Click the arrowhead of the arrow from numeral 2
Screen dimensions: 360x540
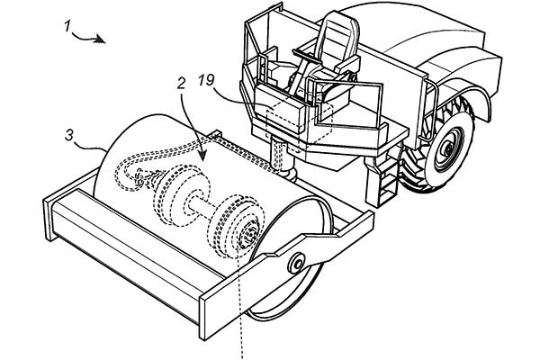coord(204,158)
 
